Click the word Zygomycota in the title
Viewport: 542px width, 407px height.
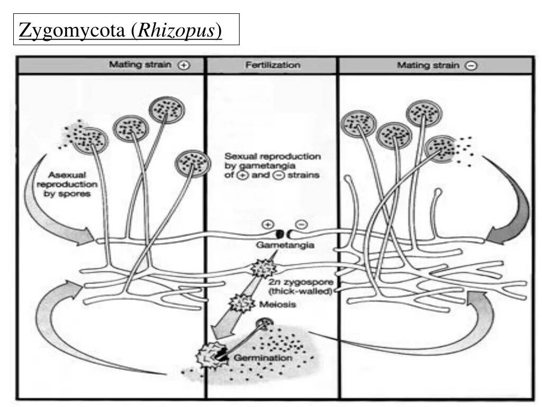point(73,31)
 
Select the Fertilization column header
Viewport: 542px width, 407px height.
point(273,65)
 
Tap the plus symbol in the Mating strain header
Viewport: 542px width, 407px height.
point(184,66)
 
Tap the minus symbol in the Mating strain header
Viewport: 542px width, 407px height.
point(471,66)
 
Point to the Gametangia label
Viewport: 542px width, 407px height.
point(285,245)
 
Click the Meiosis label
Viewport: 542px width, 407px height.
point(277,304)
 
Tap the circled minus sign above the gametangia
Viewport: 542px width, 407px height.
point(300,224)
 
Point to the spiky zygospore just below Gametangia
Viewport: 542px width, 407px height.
point(261,268)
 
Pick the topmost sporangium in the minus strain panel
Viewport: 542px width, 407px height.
point(423,112)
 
